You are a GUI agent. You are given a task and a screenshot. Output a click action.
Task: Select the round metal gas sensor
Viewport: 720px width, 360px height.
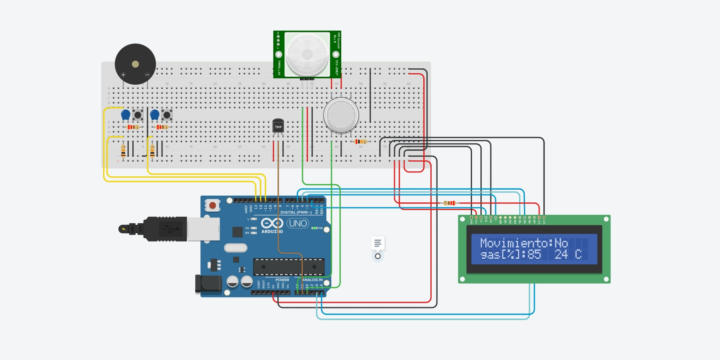pyautogui.click(x=341, y=115)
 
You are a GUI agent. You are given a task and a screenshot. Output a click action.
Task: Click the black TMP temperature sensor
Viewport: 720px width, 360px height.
pyautogui.click(x=278, y=126)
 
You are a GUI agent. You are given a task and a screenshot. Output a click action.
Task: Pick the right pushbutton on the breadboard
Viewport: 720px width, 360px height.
pyautogui.click(x=167, y=115)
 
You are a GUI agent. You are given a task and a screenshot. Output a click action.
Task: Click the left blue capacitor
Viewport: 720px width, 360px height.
pyautogui.click(x=126, y=115)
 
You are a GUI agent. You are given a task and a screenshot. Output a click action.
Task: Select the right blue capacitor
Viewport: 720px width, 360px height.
pyautogui.click(x=154, y=115)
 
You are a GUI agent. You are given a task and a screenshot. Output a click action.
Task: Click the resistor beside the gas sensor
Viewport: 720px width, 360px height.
pyautogui.click(x=360, y=141)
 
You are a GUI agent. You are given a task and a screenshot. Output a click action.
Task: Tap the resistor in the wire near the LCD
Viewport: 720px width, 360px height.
pyautogui.click(x=449, y=203)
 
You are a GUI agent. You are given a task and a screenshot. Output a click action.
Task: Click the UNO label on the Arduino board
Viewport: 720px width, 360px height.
pyautogui.click(x=298, y=223)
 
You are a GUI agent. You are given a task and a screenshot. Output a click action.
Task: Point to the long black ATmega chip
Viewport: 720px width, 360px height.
pyautogui.click(x=288, y=267)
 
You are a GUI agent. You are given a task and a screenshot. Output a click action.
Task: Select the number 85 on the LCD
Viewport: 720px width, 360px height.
pyautogui.click(x=534, y=254)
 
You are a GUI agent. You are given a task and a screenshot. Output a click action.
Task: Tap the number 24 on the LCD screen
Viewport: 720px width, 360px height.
pyautogui.click(x=561, y=254)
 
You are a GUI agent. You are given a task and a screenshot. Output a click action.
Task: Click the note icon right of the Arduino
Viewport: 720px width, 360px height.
pyautogui.click(x=378, y=243)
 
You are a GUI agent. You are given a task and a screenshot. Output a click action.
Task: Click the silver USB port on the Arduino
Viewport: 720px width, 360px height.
pyautogui.click(x=204, y=229)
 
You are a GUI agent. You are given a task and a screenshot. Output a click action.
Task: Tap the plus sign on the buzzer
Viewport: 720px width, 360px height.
pyautogui.click(x=123, y=75)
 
